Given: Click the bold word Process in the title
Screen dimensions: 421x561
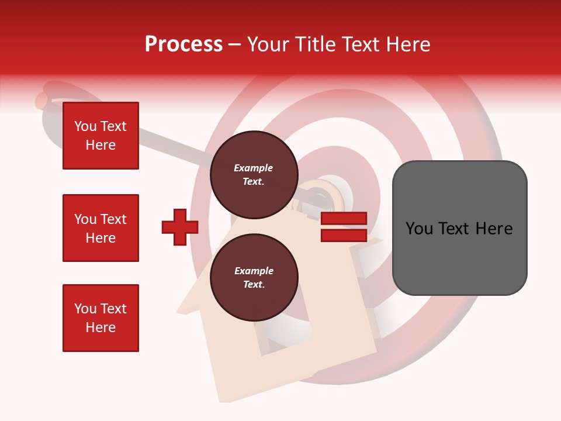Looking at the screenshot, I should (183, 44).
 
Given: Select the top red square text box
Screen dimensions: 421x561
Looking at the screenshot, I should (101, 136).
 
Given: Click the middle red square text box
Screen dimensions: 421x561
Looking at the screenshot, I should (101, 228).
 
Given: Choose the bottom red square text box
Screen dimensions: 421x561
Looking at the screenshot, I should (101, 318).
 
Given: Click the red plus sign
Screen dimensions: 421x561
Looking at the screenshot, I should (180, 227).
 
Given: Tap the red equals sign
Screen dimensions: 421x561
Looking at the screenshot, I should (344, 227).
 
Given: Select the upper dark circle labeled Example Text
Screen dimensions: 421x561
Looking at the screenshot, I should (254, 175).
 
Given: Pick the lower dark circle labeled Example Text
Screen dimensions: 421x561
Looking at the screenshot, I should (254, 278).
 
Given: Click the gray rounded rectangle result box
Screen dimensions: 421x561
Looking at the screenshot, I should (459, 228).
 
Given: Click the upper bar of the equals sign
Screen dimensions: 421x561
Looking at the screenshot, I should (344, 219).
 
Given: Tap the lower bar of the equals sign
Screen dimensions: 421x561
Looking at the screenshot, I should (344, 236).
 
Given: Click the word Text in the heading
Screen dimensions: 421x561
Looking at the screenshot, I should (361, 44).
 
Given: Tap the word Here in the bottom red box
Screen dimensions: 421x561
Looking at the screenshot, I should (101, 327).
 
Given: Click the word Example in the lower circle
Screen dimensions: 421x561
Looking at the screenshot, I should (254, 271).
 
